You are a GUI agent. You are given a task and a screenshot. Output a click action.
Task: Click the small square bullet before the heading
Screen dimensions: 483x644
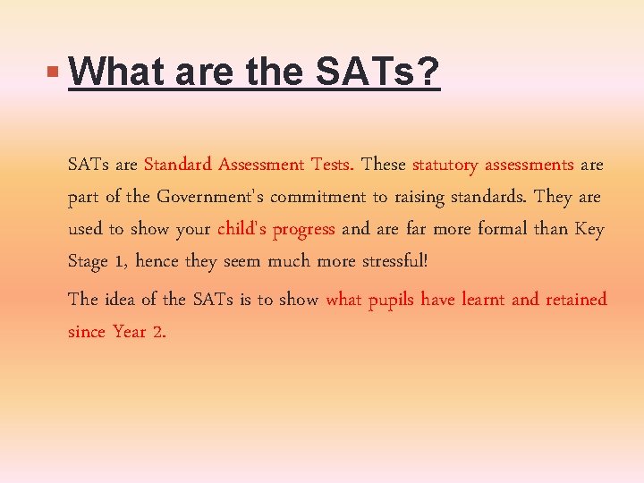[55, 69]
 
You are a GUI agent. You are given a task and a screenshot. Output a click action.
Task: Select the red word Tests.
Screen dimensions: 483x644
[333, 165]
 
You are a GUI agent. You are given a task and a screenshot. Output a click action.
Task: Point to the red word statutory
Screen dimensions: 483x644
[445, 165]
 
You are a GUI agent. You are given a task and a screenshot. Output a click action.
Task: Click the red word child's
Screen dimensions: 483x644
[242, 229]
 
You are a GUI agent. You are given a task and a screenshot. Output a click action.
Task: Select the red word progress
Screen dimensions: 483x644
[304, 229]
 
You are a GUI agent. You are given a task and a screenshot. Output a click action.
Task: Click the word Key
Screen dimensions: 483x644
[589, 229]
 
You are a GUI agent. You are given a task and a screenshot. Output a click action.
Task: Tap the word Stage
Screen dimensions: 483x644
[88, 261]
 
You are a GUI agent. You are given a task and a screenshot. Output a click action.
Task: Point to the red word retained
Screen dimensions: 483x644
[573, 300]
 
